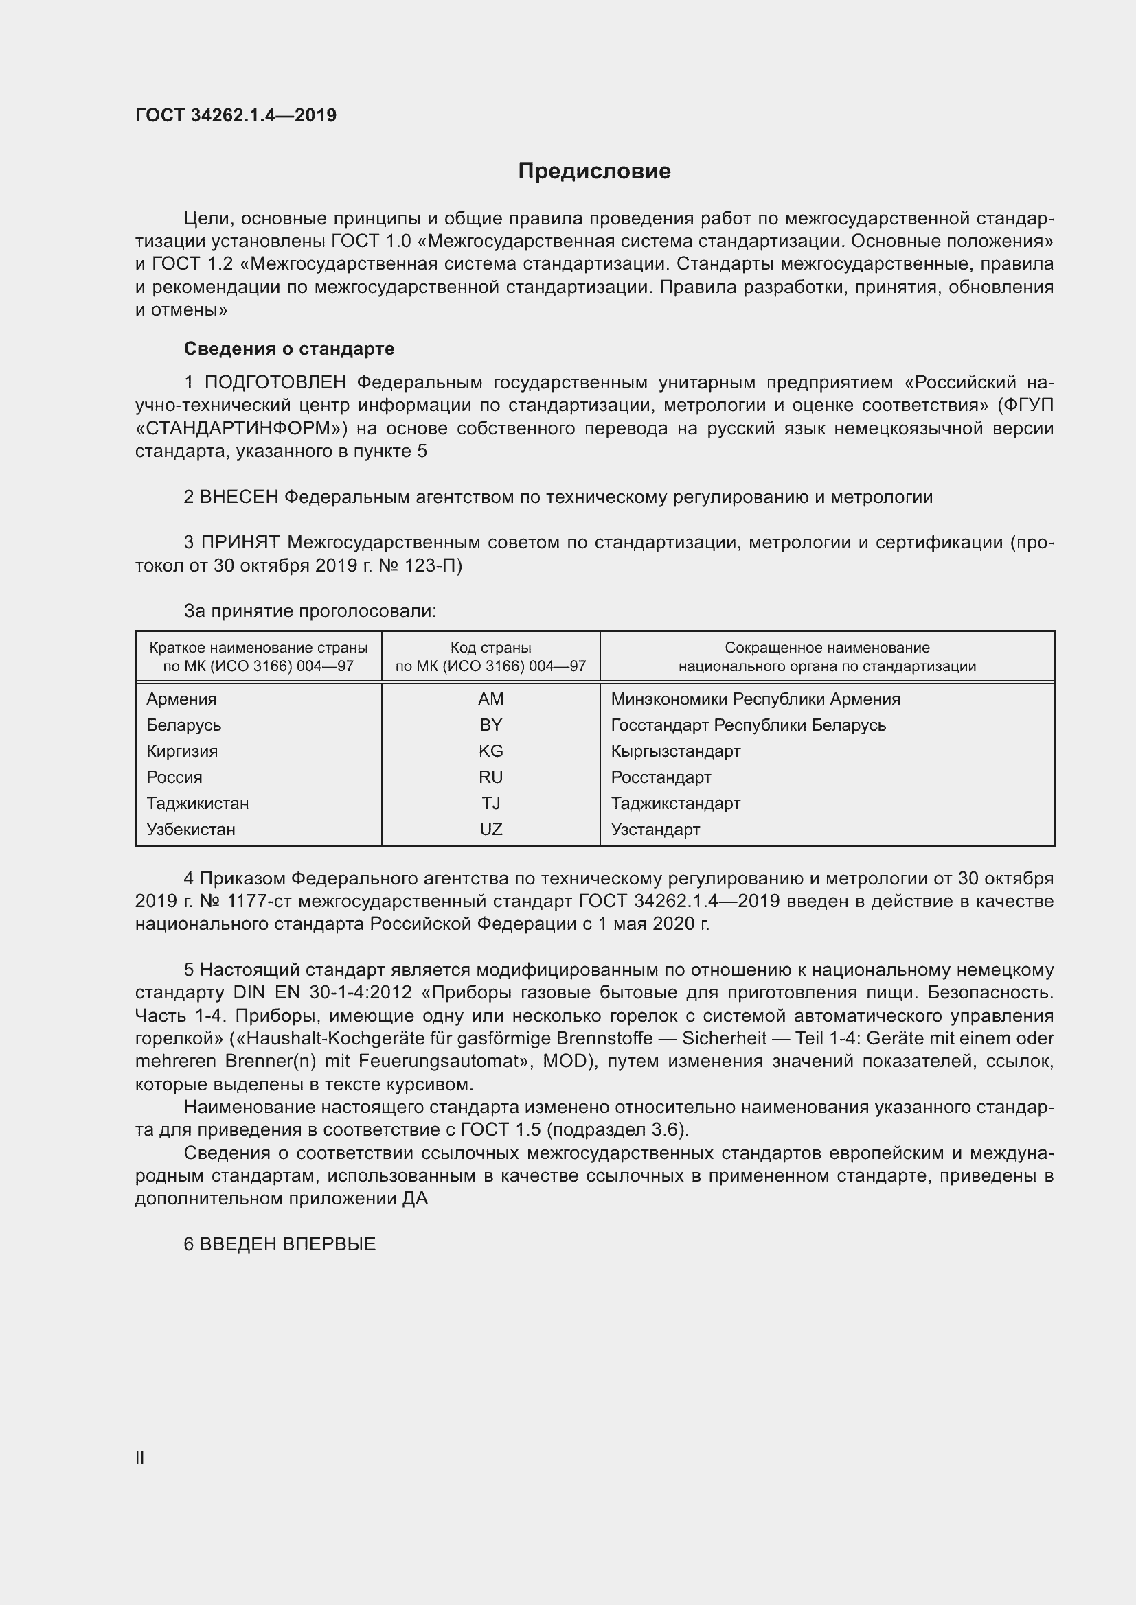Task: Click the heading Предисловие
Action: click(x=594, y=172)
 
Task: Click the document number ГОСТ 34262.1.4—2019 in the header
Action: click(x=236, y=115)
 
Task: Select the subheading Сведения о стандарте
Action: click(x=289, y=348)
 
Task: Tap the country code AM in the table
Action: click(x=490, y=699)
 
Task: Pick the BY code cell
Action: click(x=490, y=725)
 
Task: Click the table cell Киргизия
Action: click(x=182, y=751)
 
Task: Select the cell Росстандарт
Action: click(x=660, y=777)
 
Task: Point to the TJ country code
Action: click(x=490, y=804)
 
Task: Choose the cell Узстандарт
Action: click(x=655, y=830)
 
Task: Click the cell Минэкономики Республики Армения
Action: click(x=755, y=699)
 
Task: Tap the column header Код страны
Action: click(x=490, y=648)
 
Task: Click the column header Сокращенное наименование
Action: click(x=827, y=648)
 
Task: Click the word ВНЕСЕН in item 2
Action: click(x=239, y=497)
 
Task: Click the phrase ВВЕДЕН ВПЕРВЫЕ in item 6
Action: click(x=288, y=1244)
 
